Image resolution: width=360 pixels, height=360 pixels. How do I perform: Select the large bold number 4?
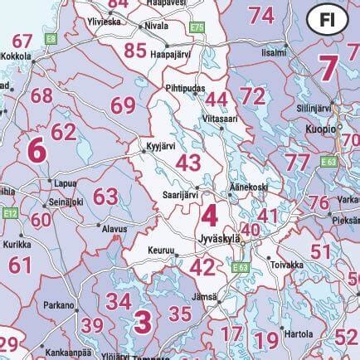pos(208,216)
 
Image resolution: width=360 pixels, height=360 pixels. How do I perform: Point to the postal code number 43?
pos(188,162)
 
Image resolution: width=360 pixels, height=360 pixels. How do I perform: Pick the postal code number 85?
pos(135,50)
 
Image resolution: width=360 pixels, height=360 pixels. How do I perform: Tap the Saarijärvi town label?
pos(179,194)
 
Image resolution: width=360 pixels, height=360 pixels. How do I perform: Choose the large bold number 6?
pos(36,151)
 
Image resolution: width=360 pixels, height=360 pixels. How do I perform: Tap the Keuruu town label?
pos(160,248)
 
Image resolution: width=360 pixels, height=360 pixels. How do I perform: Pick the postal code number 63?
pos(105,197)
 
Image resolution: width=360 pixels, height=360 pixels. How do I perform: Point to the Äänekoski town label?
pos(248,188)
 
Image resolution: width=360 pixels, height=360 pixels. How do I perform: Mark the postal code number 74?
pos(261,14)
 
